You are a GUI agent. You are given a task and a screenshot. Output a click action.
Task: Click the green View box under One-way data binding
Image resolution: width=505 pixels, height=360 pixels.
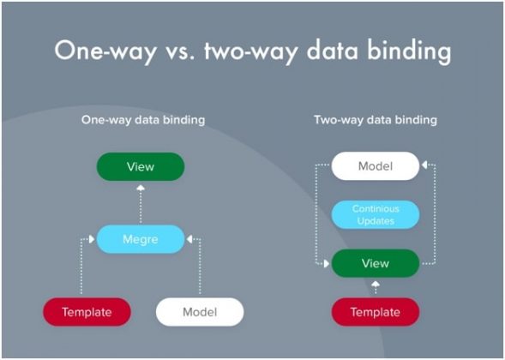point(140,166)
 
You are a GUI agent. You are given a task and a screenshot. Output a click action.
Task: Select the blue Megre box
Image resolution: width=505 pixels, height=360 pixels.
point(140,239)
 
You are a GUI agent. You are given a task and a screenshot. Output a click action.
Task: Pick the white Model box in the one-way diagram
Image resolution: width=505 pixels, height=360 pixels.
point(200,311)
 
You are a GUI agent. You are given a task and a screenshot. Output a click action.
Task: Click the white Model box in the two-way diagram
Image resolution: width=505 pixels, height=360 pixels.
point(376,166)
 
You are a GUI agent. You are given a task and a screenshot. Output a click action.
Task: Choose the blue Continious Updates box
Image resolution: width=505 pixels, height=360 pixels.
point(376,215)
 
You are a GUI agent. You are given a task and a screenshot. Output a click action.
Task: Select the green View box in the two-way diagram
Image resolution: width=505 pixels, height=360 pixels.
point(376,263)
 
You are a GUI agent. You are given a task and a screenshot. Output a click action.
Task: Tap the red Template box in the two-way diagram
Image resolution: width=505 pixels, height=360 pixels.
point(376,311)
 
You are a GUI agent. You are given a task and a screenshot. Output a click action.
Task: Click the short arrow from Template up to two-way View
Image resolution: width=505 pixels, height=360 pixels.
point(376,287)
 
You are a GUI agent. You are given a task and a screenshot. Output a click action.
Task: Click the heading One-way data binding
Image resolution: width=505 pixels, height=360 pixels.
point(142,120)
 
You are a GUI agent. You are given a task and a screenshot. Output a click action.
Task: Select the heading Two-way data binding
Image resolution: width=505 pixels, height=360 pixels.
point(376,120)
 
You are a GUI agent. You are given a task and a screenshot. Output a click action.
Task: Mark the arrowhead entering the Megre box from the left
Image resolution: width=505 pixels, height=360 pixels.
point(92,239)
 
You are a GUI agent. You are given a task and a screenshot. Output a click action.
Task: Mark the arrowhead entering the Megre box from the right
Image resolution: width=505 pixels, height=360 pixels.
point(189,239)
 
